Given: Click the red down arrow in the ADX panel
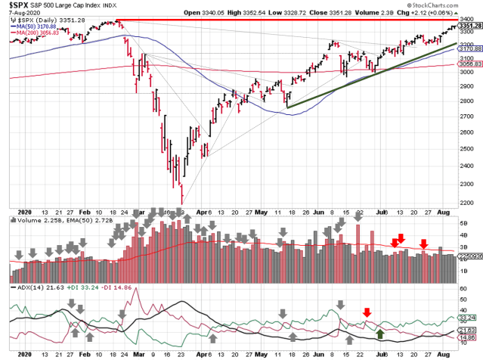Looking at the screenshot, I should (x=367, y=312).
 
